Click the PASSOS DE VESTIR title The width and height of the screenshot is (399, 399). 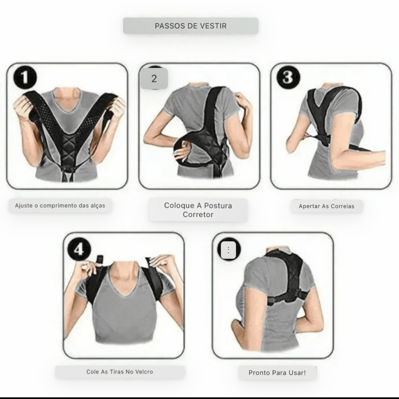(x=191, y=26)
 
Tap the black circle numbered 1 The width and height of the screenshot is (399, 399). (x=25, y=78)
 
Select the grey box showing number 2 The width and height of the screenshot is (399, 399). (x=154, y=78)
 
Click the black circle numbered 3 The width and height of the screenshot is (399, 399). (x=288, y=78)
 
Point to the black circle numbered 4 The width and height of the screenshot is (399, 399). (x=79, y=249)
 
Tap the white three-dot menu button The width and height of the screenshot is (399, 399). (x=228, y=250)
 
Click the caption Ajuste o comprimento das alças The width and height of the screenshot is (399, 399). (x=60, y=206)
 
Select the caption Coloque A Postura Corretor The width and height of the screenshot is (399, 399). (x=198, y=210)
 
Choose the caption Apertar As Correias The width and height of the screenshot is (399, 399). (x=327, y=206)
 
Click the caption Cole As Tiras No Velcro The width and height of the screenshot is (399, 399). (x=120, y=372)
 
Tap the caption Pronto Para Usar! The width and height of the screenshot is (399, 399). (x=277, y=373)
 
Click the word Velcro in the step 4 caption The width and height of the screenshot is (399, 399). (x=144, y=372)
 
